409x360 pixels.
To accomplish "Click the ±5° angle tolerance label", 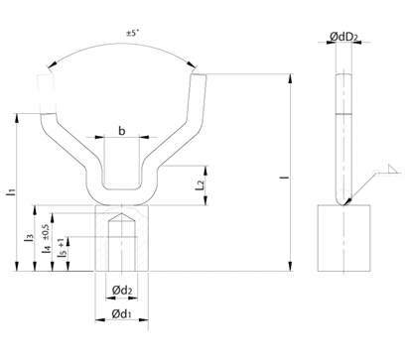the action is (132, 33).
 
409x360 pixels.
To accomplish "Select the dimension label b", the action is (122, 131).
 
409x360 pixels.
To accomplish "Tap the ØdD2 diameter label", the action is (343, 37).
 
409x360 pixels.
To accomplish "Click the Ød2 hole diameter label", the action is (122, 291).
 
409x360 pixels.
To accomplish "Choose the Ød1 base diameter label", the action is (121, 313).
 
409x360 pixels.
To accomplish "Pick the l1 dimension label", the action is (10, 192).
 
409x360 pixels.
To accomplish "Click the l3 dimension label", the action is (29, 237).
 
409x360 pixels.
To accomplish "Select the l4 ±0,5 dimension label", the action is (46, 239).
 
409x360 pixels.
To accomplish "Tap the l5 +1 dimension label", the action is (62, 248).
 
